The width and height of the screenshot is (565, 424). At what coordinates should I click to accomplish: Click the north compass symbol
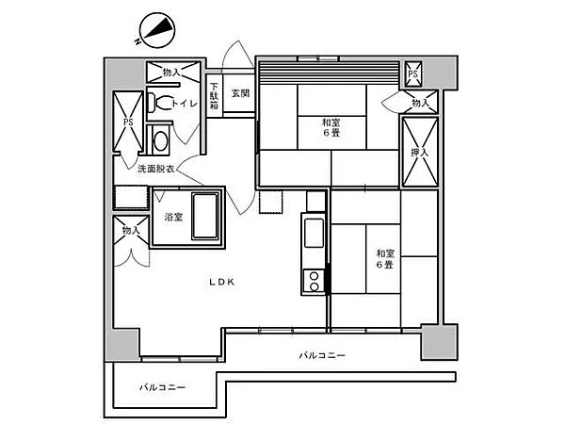pos(157,30)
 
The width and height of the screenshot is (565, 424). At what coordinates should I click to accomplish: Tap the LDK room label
pos(222,282)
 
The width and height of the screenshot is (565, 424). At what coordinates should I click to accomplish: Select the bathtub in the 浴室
pos(205,216)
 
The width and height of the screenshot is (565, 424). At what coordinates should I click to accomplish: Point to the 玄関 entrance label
pos(240,93)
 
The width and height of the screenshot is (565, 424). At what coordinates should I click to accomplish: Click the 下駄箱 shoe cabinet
pos(215,96)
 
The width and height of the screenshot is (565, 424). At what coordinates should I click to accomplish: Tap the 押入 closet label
pos(420,153)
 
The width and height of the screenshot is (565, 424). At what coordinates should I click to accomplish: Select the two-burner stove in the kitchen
pos(314,282)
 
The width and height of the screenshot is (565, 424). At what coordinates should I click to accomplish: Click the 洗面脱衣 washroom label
pos(155,169)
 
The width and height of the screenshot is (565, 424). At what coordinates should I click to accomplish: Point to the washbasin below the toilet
pos(160,140)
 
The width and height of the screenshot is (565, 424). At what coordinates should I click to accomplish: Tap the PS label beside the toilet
pos(128,122)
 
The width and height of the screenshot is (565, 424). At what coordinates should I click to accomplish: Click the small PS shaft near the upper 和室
pos(413,74)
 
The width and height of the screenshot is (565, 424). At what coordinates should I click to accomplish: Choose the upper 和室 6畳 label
pos(331,127)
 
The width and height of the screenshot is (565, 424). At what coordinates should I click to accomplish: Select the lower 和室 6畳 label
pos(385,259)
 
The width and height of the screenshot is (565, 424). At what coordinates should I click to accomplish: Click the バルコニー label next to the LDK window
pos(322,356)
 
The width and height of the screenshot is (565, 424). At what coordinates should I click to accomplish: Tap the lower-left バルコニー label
pos(163,387)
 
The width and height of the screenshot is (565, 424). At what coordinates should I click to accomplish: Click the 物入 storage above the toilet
pos(173,73)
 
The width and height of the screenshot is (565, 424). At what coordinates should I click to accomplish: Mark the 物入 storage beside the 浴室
pos(131,230)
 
